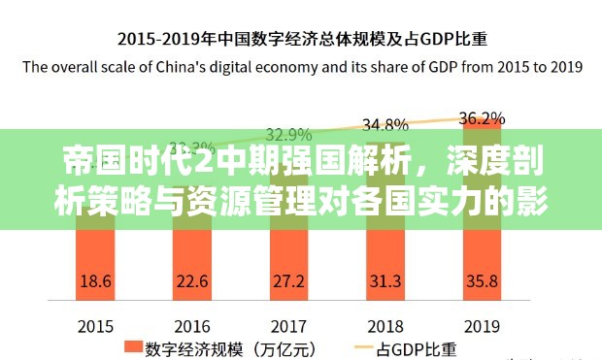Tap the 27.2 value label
[288, 280]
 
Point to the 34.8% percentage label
[385, 124]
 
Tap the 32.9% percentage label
[288, 134]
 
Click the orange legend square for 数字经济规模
[130, 346]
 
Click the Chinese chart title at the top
[302, 40]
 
